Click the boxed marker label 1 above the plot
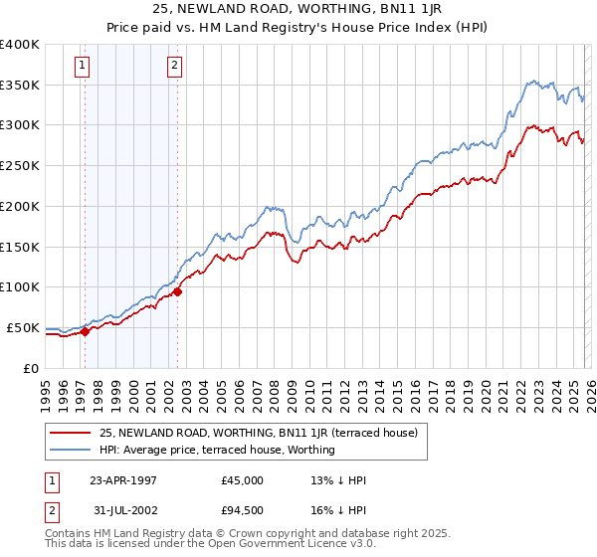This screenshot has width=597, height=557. (82, 67)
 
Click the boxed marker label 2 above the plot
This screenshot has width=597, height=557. (174, 67)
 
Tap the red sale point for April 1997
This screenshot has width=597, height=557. (86, 332)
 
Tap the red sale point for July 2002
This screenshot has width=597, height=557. (178, 291)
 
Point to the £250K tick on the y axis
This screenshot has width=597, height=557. (20, 166)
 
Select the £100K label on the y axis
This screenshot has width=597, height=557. (20, 287)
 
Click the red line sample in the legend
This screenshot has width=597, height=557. (72, 433)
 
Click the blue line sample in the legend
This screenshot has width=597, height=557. (72, 450)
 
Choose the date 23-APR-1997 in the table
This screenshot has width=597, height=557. (123, 480)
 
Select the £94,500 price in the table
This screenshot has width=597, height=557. (243, 512)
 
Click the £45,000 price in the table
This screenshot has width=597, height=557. (243, 480)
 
